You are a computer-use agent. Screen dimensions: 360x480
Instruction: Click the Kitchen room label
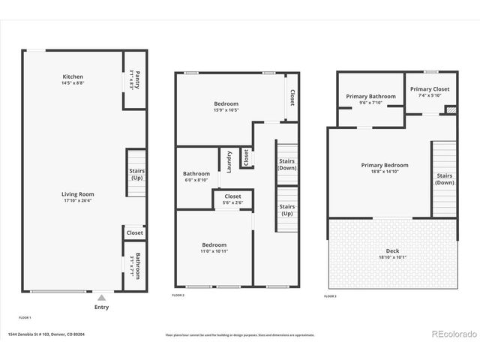[x=73, y=76]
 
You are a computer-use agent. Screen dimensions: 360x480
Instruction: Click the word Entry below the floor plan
[x=101, y=307]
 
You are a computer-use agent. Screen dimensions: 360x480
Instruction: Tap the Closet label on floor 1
[x=135, y=233]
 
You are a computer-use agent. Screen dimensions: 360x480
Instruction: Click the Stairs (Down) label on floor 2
[x=287, y=164]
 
